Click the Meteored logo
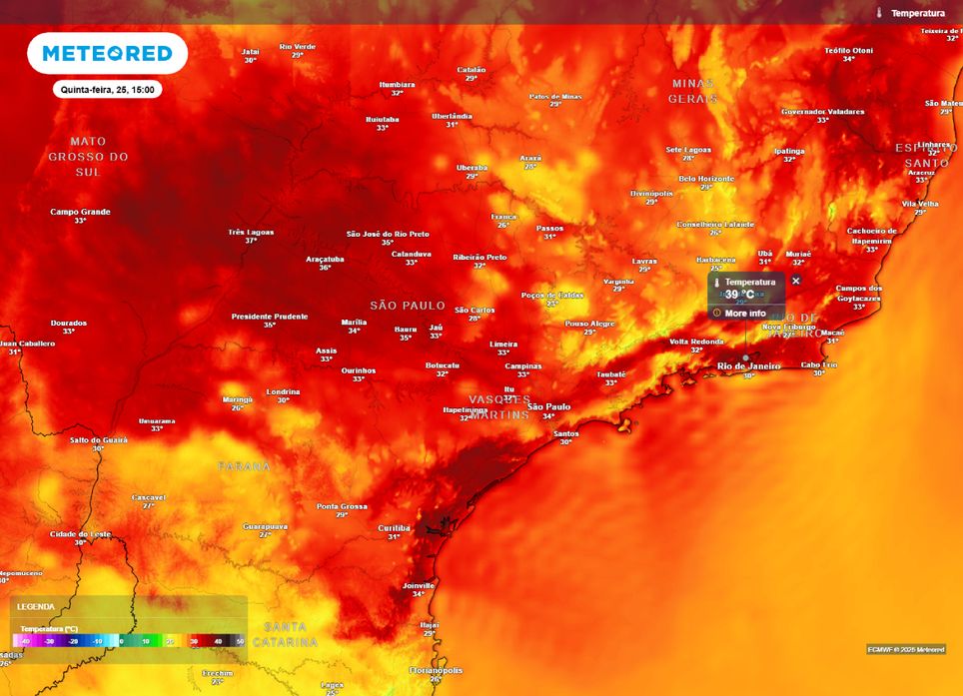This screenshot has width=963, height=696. [x=107, y=53]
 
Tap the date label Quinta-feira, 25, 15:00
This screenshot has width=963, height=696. [x=107, y=89]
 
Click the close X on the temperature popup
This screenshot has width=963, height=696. [x=796, y=281]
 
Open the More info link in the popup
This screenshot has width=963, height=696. [x=744, y=314]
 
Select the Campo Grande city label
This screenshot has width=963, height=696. [x=80, y=212]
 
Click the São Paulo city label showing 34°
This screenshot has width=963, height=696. [x=548, y=406]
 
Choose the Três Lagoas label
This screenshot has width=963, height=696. [x=251, y=232]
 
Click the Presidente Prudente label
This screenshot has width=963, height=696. [x=270, y=317]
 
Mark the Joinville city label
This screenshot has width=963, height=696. [x=418, y=585]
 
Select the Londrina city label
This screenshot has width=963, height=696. [x=283, y=391]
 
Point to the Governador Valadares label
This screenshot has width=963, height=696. [x=822, y=111]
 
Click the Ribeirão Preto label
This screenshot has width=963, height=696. [x=480, y=257]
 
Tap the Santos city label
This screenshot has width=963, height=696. [x=565, y=433]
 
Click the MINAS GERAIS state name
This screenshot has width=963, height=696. [x=693, y=90]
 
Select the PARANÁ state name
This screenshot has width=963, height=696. [x=245, y=466]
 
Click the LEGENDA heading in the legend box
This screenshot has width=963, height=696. [x=36, y=606]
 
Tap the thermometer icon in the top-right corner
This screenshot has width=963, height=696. [x=879, y=13]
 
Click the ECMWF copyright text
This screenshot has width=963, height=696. [x=905, y=649]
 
